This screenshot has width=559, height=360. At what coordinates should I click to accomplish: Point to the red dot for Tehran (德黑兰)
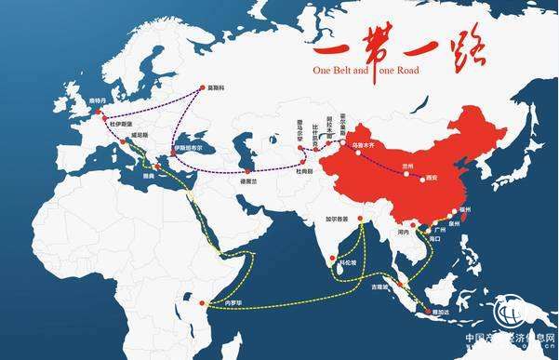pos(248,173)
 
